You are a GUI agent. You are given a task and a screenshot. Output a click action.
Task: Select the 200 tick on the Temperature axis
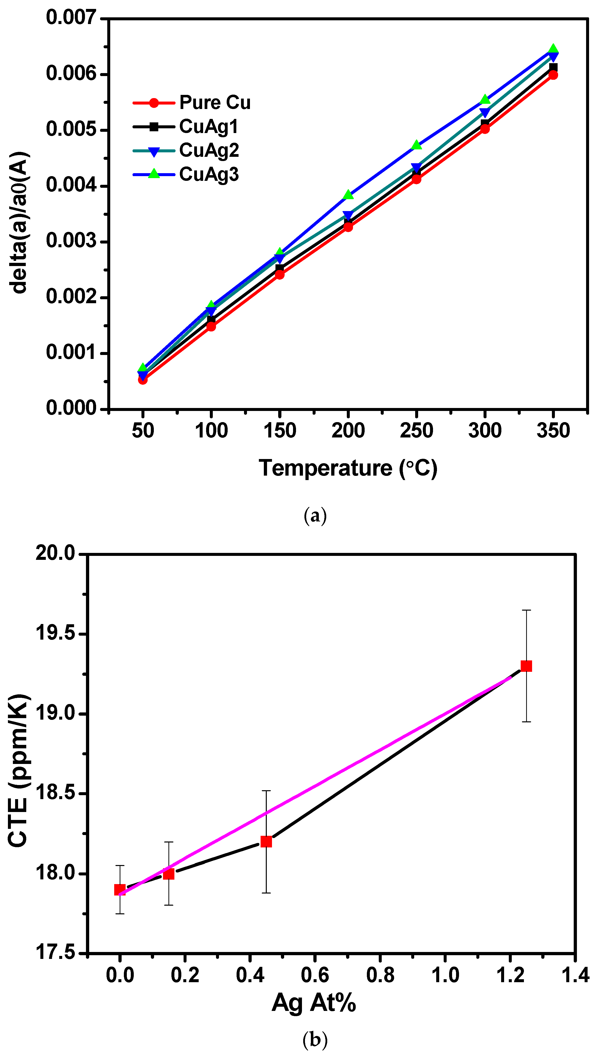click(x=348, y=431)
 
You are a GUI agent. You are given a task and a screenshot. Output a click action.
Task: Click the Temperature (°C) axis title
click(x=348, y=468)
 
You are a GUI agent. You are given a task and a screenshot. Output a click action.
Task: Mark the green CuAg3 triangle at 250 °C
click(x=416, y=145)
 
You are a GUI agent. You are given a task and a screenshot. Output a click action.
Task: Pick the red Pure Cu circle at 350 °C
click(x=553, y=75)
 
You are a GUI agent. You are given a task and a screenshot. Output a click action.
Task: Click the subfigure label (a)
click(x=315, y=515)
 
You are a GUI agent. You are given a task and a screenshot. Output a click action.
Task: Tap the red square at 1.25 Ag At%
click(x=526, y=666)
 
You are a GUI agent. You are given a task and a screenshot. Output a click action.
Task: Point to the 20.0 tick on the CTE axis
click(x=55, y=554)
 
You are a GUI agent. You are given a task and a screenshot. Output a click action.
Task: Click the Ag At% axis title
click(x=314, y=1003)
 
